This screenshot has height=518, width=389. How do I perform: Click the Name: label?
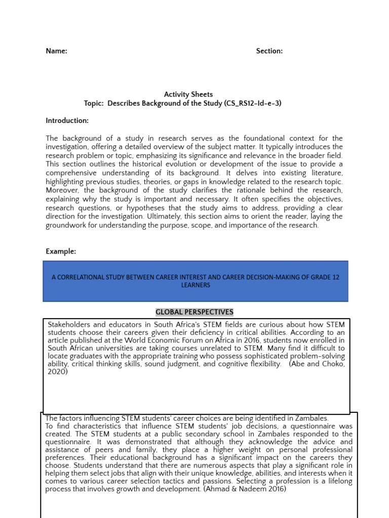56,51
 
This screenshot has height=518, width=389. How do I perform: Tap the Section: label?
269,51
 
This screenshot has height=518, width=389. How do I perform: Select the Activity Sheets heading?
188,95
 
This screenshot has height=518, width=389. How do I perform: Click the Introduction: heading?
67,121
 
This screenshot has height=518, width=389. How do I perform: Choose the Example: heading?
61,251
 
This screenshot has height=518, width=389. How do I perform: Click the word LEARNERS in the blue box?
196,285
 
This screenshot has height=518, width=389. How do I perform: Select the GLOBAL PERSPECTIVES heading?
194,312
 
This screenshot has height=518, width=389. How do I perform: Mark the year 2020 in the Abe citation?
57,372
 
